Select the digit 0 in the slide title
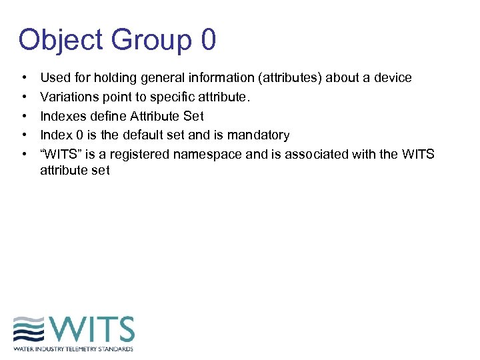pyautogui.click(x=207, y=40)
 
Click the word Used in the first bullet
pyautogui.click(x=54, y=78)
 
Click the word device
pyautogui.click(x=393, y=78)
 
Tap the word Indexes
pyautogui.click(x=63, y=117)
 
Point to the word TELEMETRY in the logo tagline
pyautogui.click(x=85, y=349)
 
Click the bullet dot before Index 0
pyautogui.click(x=24, y=135)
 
